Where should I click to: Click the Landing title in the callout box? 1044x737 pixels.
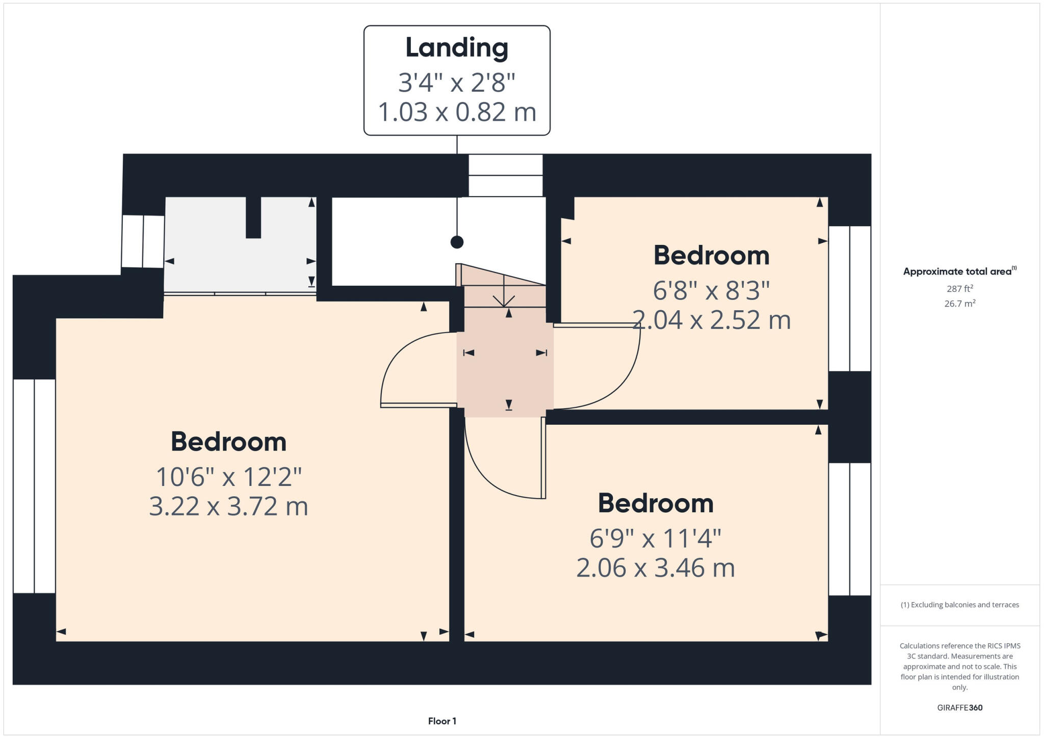pos(457,48)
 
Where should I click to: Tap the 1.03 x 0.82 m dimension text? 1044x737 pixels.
pos(457,112)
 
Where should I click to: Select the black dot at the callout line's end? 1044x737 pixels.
pos(457,242)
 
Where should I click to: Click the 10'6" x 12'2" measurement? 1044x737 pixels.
pos(228,477)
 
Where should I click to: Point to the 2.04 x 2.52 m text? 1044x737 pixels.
pos(712,320)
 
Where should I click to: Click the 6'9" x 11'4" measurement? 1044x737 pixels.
pos(656,538)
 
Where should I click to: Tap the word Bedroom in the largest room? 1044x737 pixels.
pos(228,442)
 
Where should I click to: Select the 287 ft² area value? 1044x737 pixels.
pos(959,289)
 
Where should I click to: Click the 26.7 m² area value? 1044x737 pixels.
pos(959,304)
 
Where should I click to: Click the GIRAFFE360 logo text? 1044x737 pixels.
pos(959,707)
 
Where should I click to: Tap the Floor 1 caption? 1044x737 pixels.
pos(442,721)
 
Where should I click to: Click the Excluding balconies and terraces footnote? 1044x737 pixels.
pos(959,605)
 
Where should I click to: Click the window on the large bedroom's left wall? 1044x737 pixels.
pos(34,486)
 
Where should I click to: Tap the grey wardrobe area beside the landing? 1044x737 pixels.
pos(240,255)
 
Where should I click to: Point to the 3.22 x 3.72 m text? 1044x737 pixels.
pos(228,507)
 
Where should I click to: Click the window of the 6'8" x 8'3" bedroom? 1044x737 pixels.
pos(849,298)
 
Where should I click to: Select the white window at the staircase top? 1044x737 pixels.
pos(505,175)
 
